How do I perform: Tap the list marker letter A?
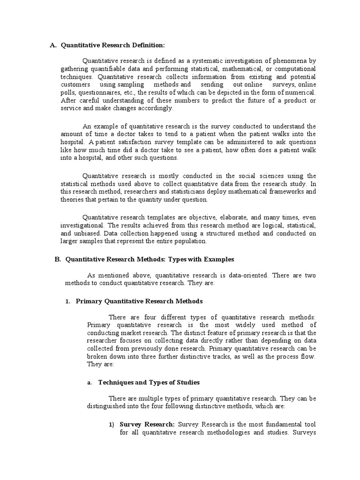click(52, 45)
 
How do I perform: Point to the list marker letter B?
click(57, 259)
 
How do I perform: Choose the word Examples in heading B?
click(217, 259)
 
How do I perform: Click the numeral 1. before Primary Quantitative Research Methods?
click(67, 301)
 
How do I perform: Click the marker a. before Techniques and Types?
click(89, 382)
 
